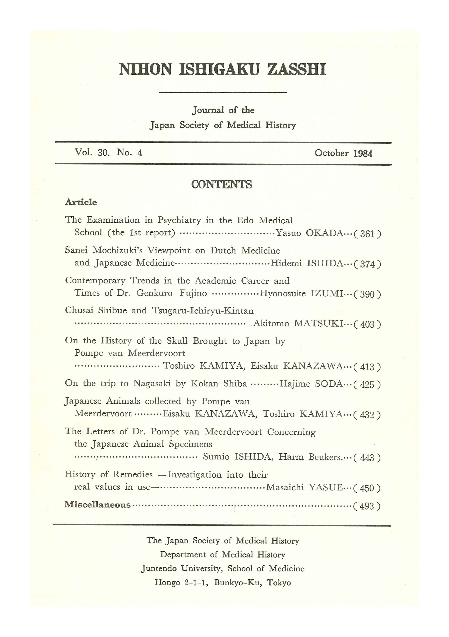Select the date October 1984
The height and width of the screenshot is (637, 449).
click(343, 153)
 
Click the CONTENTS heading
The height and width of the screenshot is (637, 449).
click(222, 184)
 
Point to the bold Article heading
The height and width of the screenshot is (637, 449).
click(81, 202)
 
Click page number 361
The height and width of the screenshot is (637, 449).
click(367, 234)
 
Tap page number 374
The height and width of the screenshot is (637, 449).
click(367, 264)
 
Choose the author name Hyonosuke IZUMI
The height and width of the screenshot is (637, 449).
click(301, 293)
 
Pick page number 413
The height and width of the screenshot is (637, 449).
click(367, 367)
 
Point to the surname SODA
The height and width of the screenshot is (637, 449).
click(329, 384)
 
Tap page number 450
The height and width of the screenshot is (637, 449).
click(367, 488)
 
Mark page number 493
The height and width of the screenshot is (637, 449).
click(367, 506)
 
